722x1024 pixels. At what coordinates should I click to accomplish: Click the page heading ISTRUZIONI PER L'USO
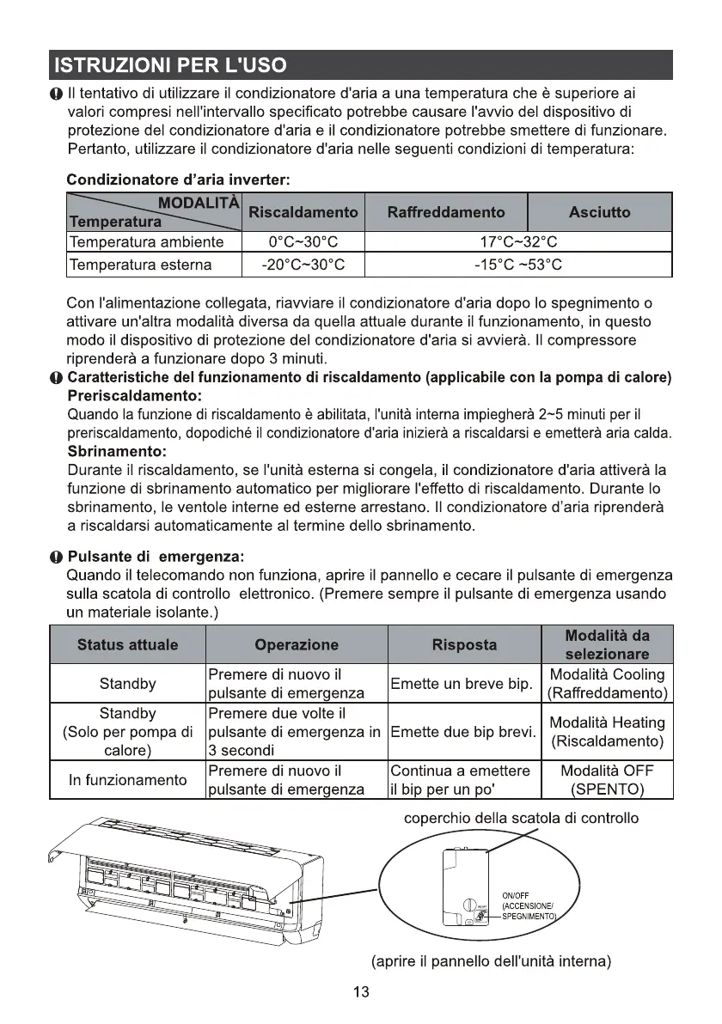coord(169,65)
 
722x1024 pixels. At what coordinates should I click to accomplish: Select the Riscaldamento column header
coord(303,212)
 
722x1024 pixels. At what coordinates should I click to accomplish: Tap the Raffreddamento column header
coord(446,212)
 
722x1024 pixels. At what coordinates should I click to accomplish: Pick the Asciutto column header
coord(599,212)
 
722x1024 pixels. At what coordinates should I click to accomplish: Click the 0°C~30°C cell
coord(303,242)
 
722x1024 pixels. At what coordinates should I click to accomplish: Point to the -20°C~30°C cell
coord(303,265)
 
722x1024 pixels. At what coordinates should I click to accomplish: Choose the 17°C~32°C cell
coord(517,242)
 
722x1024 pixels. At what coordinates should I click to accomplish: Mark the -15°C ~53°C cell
coord(517,265)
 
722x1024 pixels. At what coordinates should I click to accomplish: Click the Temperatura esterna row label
coord(140,265)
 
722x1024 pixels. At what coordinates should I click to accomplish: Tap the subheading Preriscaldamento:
coord(134,396)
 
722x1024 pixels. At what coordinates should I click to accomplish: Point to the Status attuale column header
coord(127,644)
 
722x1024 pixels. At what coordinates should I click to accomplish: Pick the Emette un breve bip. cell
coord(462,685)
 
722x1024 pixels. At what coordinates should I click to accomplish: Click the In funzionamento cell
coord(127,780)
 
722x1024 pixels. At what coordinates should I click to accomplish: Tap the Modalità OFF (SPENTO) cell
coord(608,780)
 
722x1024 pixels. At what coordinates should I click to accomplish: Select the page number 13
coord(361,993)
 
